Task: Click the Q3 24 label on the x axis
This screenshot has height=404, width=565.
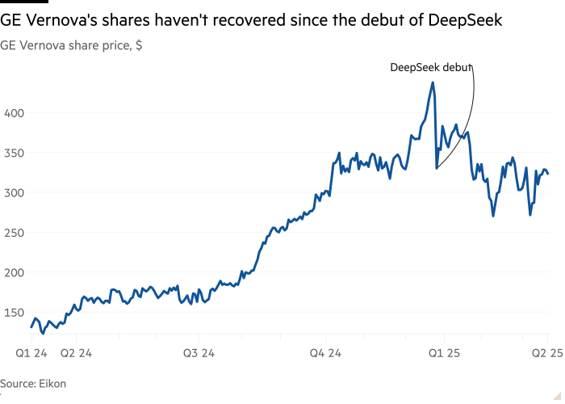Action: point(199,352)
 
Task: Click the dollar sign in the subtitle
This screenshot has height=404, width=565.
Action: point(139,46)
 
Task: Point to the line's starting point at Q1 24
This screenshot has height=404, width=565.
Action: point(31,327)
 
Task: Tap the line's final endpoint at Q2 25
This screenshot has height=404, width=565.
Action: point(549,174)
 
